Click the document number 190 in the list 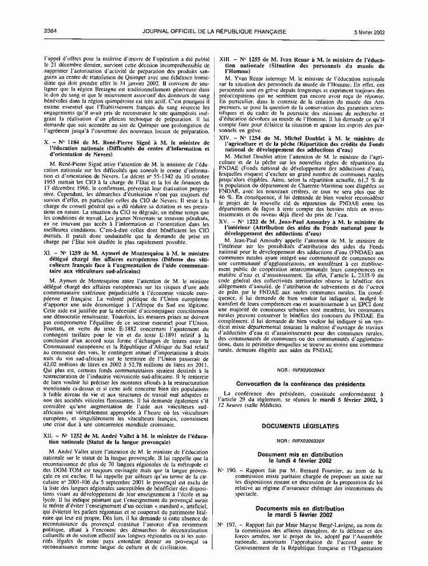tap(232, 470)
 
